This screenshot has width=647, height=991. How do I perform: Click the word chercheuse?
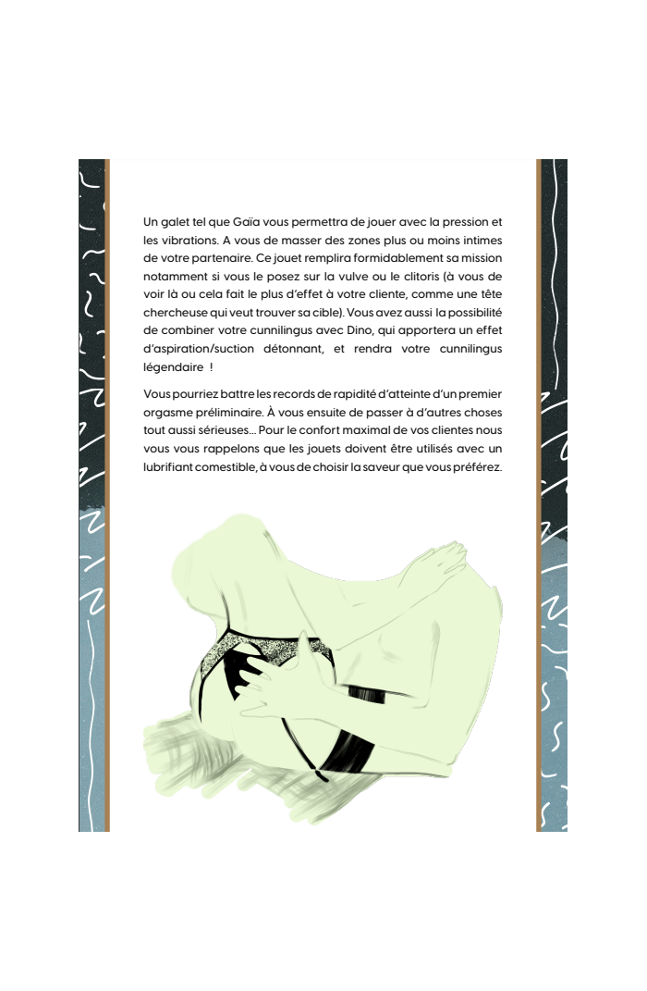click(x=175, y=313)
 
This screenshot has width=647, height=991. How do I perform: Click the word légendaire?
click(x=173, y=366)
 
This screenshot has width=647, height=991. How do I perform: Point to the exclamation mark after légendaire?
click(x=212, y=366)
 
